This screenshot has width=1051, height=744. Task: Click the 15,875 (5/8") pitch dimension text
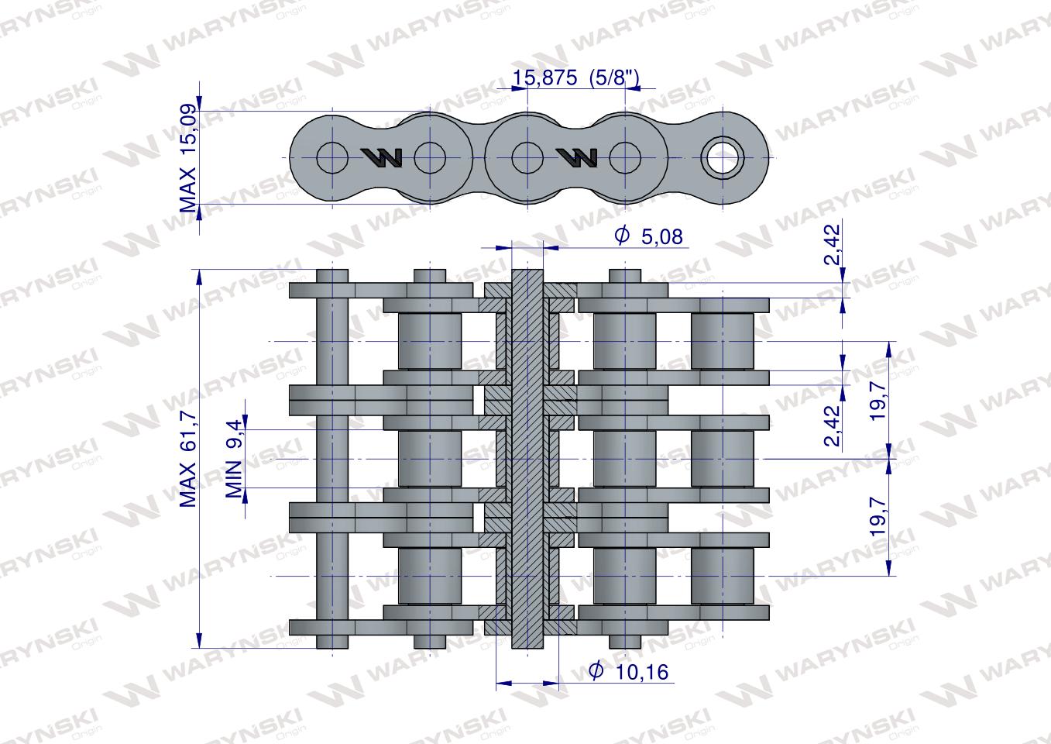576,77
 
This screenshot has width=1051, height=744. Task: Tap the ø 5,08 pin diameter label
649,236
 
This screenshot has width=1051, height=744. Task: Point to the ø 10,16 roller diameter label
628,671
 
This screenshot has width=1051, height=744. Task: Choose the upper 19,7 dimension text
878,401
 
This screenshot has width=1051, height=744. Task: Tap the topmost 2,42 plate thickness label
833,246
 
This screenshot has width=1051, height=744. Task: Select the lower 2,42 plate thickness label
833,426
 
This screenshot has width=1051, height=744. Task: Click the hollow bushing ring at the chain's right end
723,159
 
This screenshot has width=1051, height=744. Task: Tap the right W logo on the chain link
578,158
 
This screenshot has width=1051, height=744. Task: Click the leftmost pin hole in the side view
332,159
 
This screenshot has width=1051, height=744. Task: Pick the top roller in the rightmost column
722,341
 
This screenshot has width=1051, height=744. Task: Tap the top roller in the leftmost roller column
429,341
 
